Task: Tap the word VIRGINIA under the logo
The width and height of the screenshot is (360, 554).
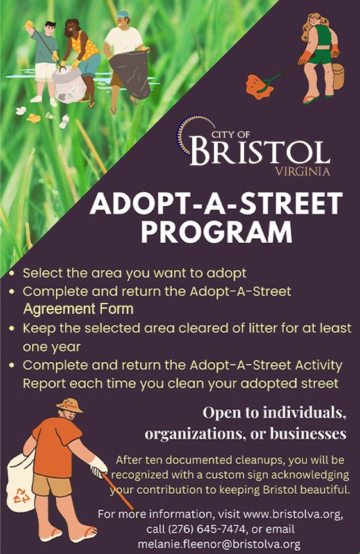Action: pyautogui.click(x=302, y=172)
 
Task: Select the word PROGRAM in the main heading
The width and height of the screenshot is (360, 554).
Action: pyautogui.click(x=217, y=231)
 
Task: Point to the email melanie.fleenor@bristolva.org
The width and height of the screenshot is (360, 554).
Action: pyautogui.click(x=219, y=544)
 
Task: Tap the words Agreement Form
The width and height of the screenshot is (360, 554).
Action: pyautogui.click(x=78, y=309)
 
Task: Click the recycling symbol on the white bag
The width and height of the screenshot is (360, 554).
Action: pyautogui.click(x=20, y=493)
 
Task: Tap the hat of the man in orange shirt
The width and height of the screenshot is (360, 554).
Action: pyautogui.click(x=69, y=405)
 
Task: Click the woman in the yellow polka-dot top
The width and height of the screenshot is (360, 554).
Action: pyautogui.click(x=81, y=54)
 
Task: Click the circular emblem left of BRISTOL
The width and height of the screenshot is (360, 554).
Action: pyautogui.click(x=187, y=136)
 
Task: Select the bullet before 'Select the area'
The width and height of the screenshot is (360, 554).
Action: pyautogui.click(x=12, y=273)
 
